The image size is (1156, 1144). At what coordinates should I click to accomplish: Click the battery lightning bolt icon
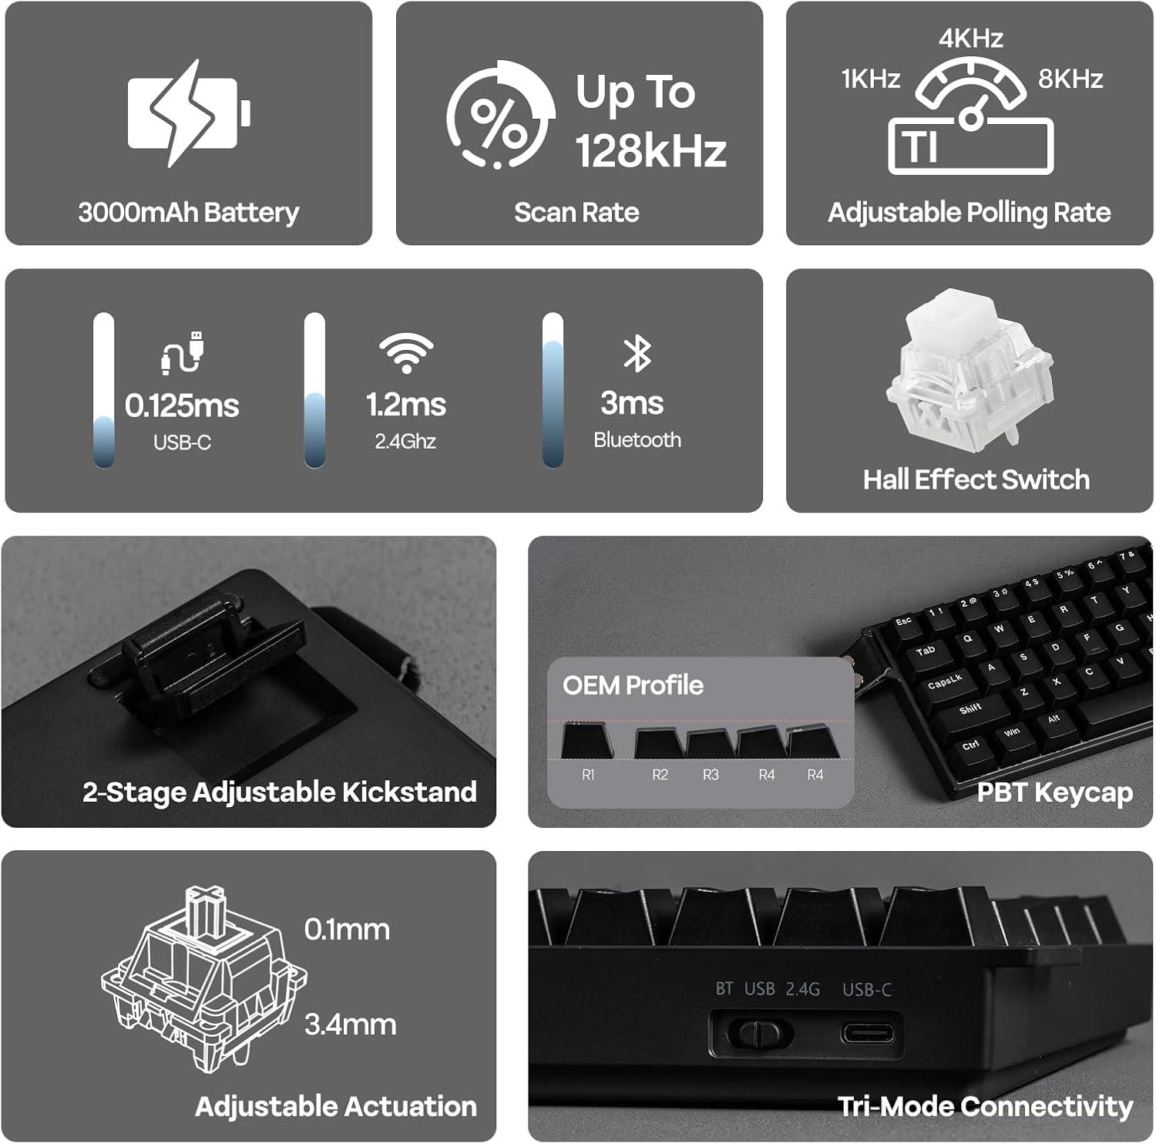189,113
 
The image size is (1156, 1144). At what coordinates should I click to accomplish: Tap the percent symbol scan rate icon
499,115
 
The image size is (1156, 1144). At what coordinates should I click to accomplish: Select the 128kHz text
651,150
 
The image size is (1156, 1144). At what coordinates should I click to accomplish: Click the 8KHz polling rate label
1070,79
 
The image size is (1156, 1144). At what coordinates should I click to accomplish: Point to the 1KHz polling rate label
871,79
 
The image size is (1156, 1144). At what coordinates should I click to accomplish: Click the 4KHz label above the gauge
970,38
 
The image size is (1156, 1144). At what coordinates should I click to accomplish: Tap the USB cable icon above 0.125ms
182,353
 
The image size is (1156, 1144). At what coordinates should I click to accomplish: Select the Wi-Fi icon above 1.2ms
406,354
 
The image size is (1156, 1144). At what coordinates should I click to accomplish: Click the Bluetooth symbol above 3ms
637,354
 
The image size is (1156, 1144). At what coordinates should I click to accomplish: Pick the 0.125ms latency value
182,405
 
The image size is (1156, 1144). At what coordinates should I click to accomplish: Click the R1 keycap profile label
588,775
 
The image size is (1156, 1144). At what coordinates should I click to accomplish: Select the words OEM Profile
633,685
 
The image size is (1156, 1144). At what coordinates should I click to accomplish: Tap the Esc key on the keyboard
903,621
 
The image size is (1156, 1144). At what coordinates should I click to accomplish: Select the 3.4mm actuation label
351,1025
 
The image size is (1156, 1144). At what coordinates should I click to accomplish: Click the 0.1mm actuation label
347,930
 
